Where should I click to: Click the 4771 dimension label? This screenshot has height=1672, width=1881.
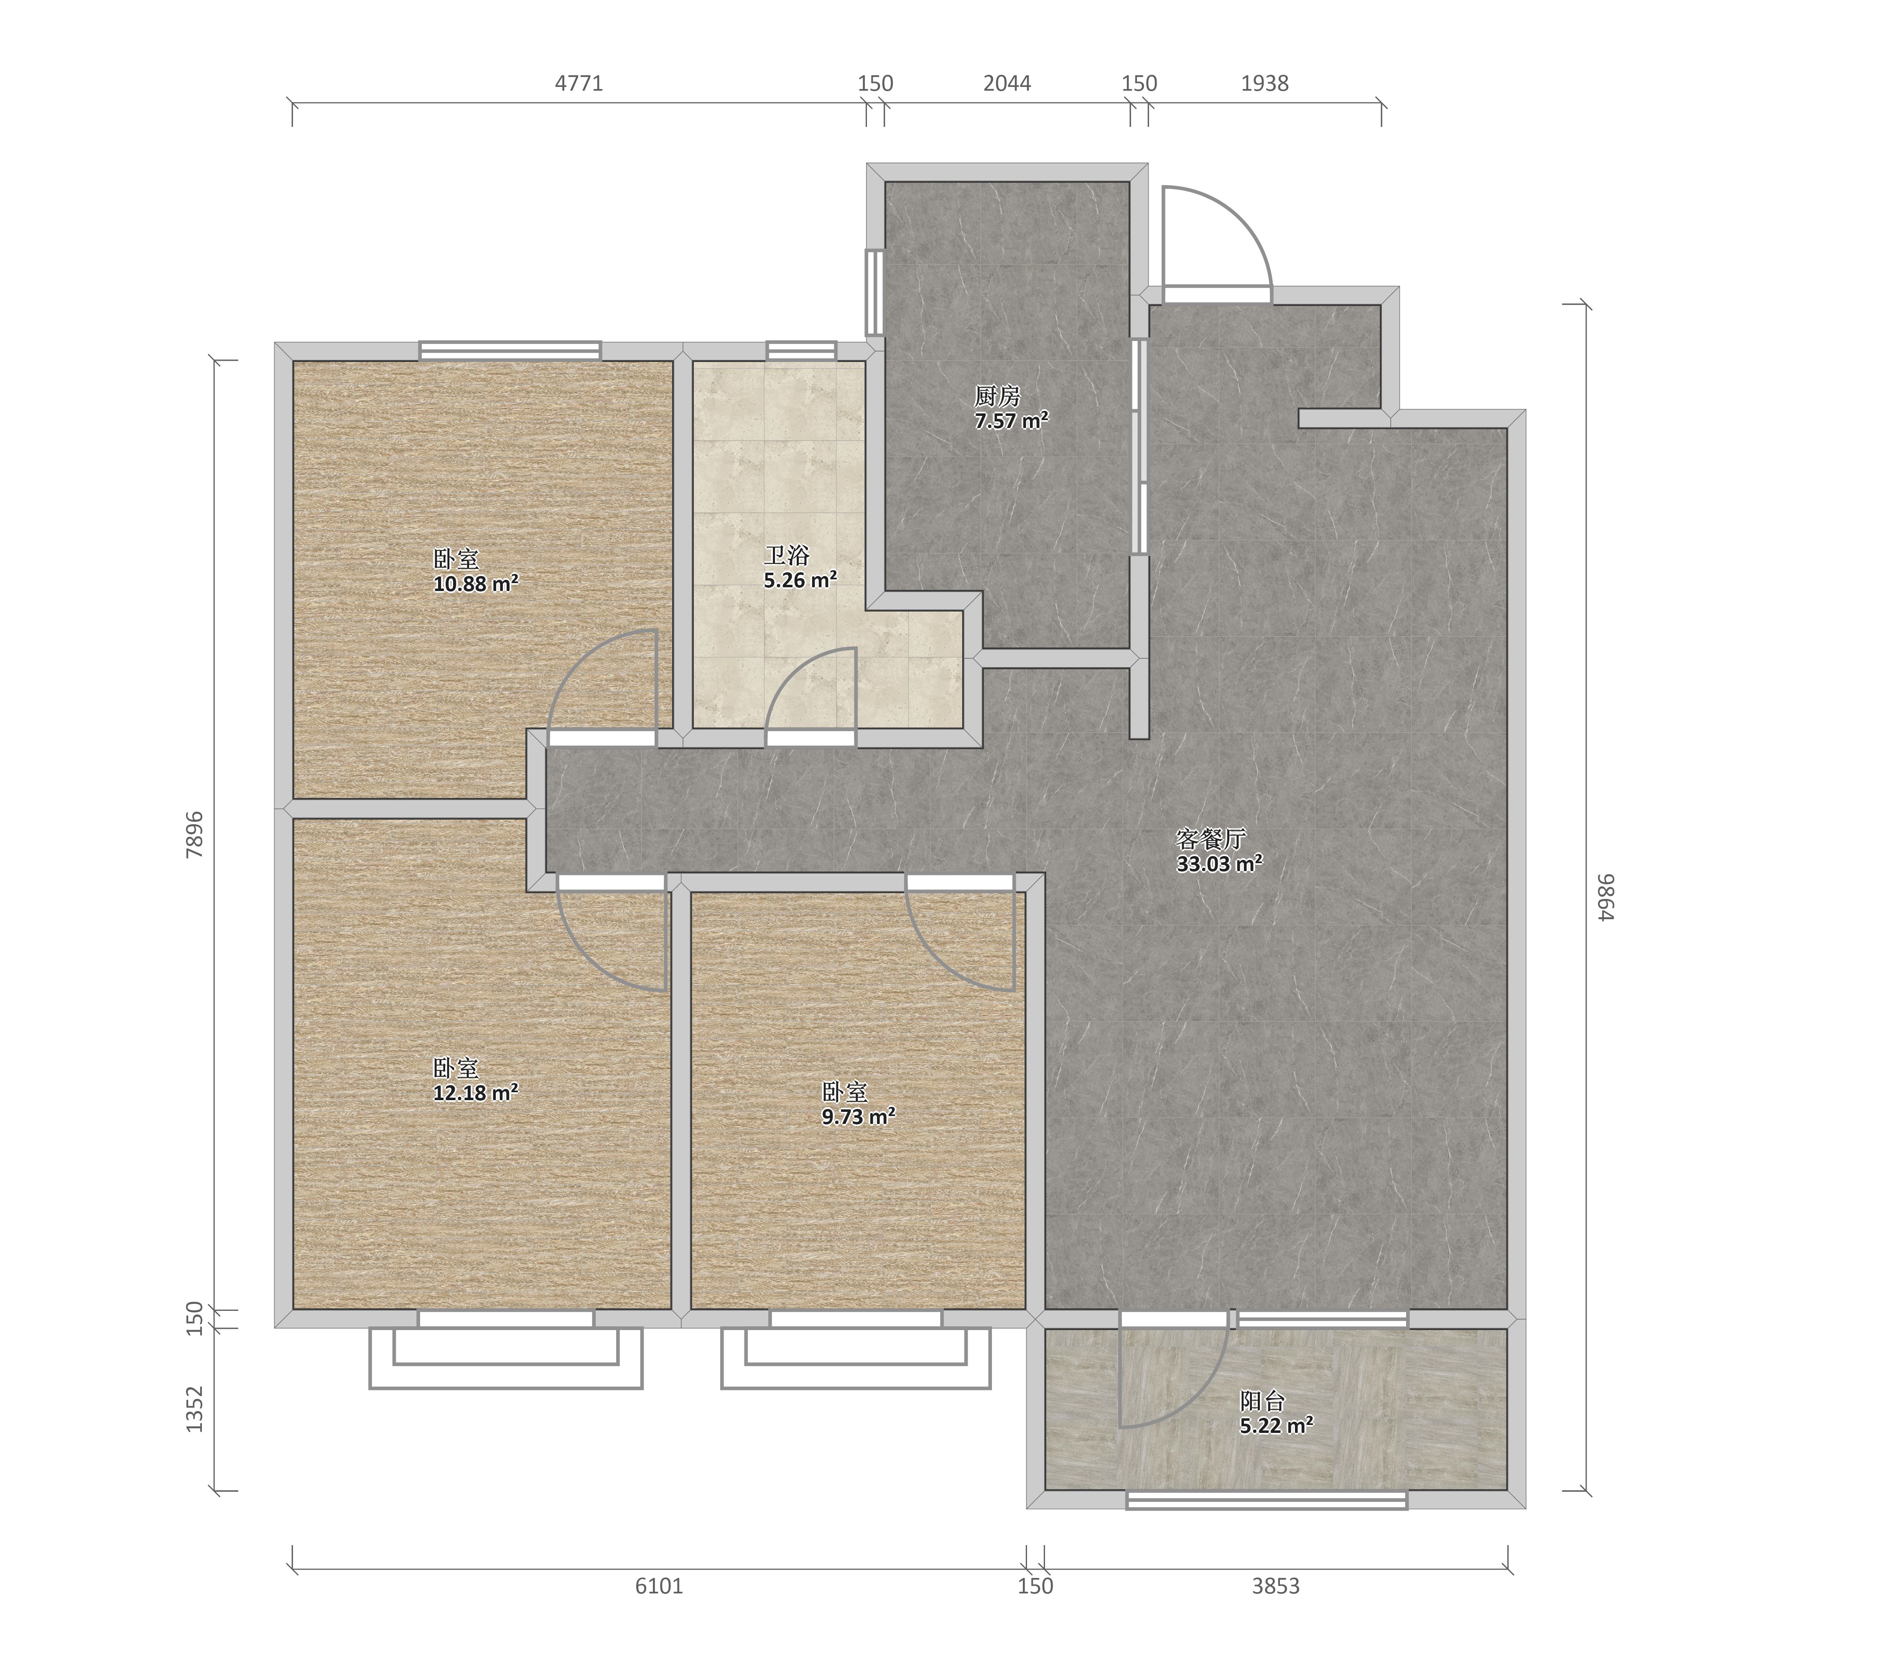click(579, 84)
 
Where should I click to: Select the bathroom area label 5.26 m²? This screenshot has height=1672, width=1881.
click(800, 580)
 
